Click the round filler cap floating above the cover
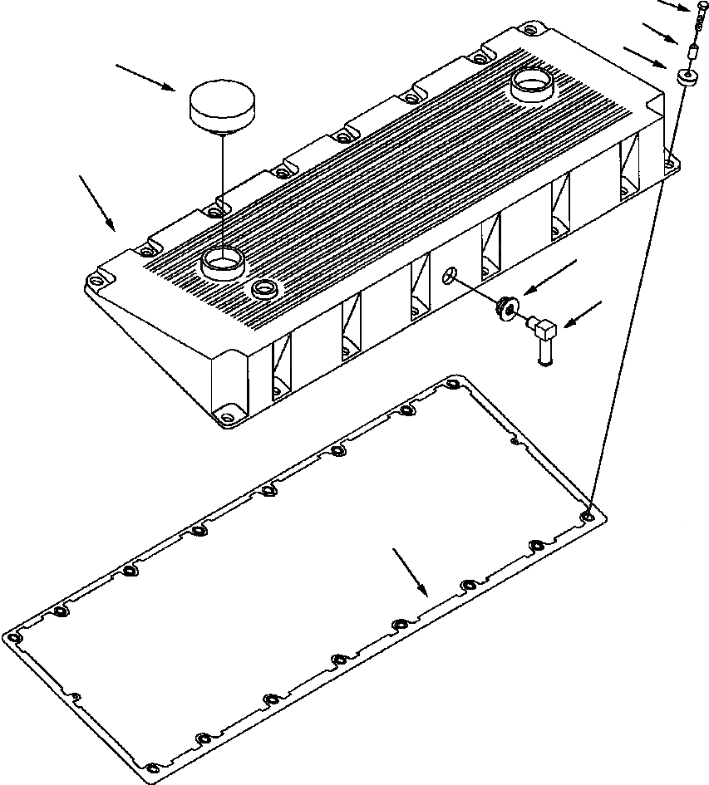tap(223, 105)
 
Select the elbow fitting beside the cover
tap(543, 336)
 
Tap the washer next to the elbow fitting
tap(506, 308)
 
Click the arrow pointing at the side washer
tap(549, 276)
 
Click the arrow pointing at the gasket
tap(411, 571)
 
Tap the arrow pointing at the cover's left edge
tap(98, 202)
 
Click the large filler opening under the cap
tap(222, 263)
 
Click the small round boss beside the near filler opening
tap(265, 288)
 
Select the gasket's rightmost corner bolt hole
tap(589, 516)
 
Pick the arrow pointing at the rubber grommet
tap(645, 56)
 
